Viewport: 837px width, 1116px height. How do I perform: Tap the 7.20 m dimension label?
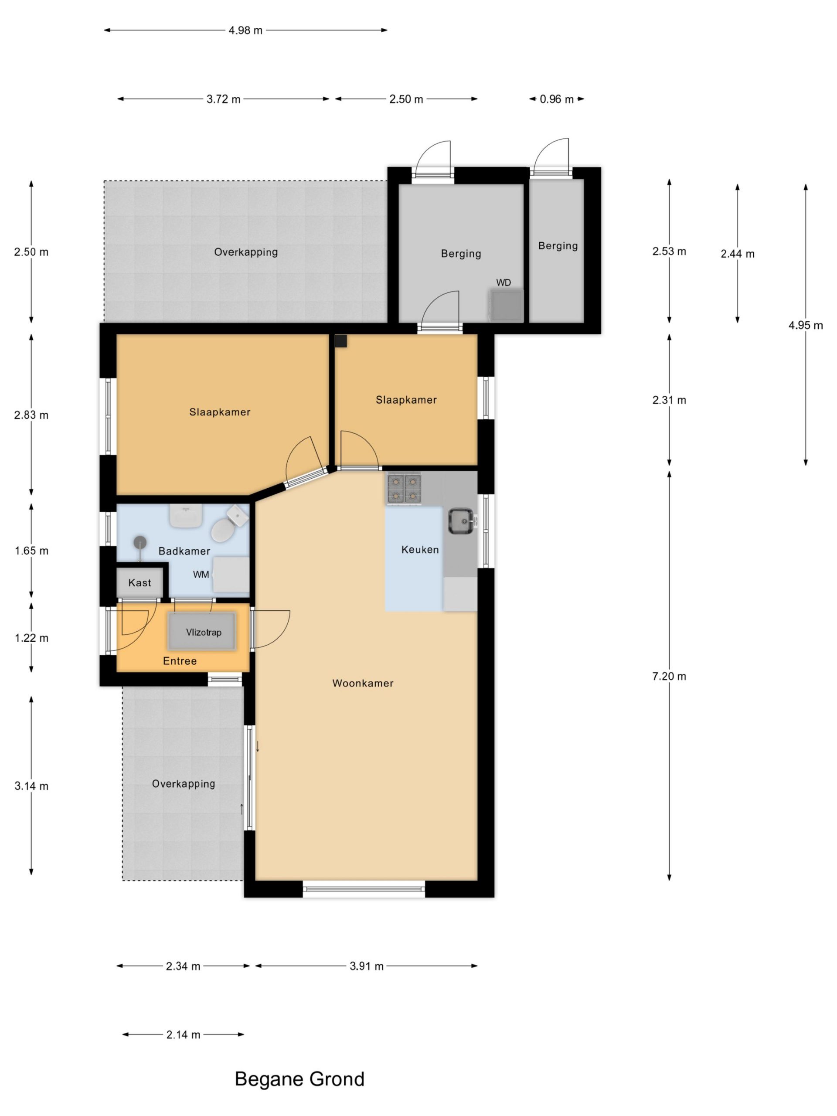click(x=669, y=676)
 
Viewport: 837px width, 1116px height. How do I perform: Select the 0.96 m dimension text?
click(x=557, y=99)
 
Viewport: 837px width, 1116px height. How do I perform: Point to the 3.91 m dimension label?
click(x=366, y=966)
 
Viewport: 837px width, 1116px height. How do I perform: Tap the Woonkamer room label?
click(x=363, y=683)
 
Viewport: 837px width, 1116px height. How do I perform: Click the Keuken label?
click(x=420, y=549)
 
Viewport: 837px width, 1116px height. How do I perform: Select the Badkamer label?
click(x=184, y=551)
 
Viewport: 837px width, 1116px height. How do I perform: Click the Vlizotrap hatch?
click(x=202, y=631)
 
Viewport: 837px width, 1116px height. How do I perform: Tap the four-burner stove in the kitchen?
click(x=404, y=489)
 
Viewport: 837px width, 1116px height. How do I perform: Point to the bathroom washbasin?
click(x=186, y=516)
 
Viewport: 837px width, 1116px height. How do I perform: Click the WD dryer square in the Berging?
click(x=506, y=305)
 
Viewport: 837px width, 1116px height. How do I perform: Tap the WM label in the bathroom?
click(x=201, y=574)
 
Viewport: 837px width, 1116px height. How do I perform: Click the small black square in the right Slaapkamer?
click(x=341, y=341)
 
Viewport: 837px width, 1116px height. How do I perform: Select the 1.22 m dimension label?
click(x=31, y=638)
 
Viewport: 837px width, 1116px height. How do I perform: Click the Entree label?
click(x=180, y=661)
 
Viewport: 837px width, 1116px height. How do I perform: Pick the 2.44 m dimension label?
click(x=737, y=254)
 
